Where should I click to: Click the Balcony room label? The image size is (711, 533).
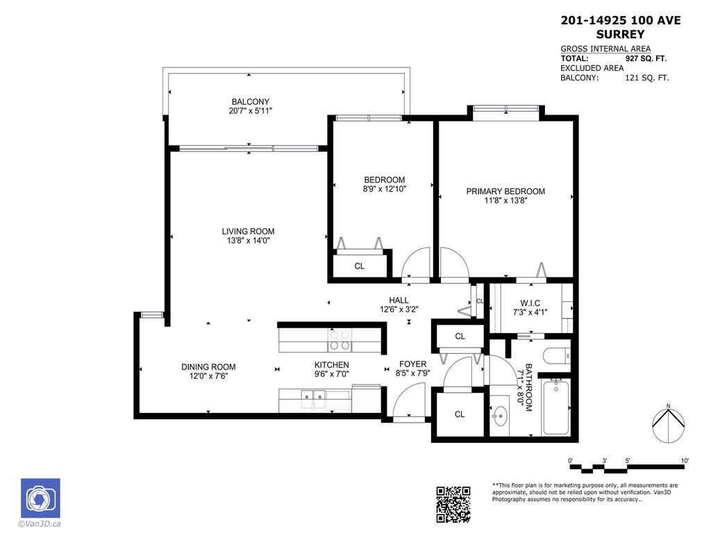point(251,101)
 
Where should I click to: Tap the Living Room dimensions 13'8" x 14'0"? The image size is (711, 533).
point(248,241)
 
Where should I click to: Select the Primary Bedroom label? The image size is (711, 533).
point(505,192)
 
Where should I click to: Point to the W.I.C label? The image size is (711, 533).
point(530,303)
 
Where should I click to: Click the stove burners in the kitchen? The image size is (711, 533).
point(340,340)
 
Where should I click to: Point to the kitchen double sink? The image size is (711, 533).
point(313,398)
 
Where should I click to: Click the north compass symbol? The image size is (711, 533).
point(667,423)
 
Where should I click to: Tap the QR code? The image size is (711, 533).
point(453,504)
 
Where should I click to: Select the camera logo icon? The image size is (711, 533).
point(40,498)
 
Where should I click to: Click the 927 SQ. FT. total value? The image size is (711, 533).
point(647,59)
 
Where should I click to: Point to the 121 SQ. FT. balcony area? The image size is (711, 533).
point(647,78)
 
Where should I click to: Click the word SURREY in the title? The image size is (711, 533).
point(620,34)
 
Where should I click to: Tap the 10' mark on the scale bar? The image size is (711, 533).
point(685,461)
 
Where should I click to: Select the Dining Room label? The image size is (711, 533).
point(208,367)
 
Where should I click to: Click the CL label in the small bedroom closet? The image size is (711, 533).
point(360,266)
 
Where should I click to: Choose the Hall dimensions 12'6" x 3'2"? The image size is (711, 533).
point(399,310)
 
